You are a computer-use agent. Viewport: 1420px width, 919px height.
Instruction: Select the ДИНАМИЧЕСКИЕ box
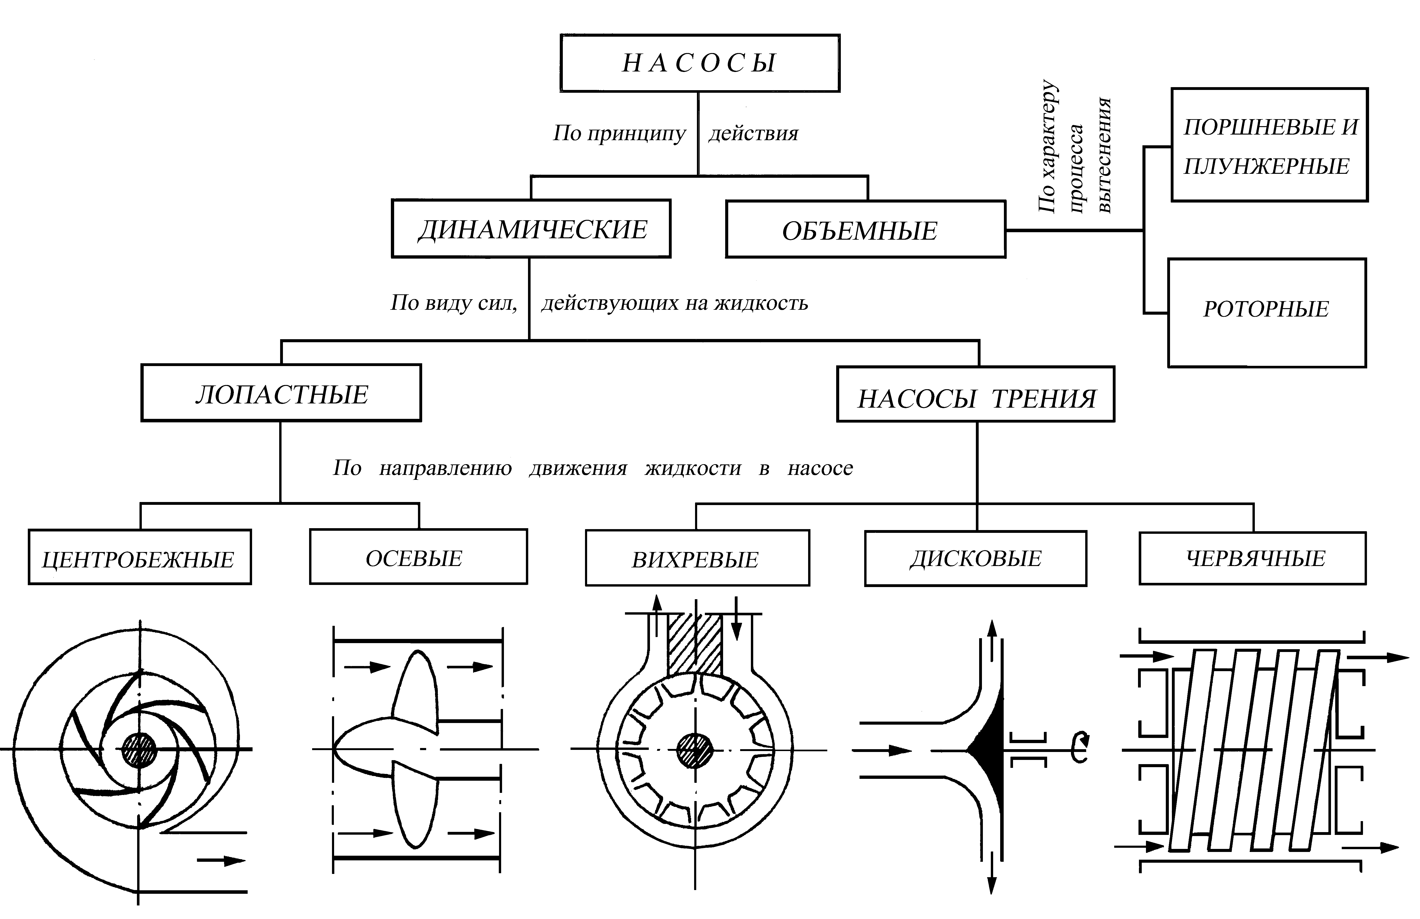coord(531,229)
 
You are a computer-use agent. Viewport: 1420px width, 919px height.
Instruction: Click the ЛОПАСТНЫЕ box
coord(281,393)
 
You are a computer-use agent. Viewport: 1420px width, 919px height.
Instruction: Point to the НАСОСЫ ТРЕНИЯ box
coord(975,395)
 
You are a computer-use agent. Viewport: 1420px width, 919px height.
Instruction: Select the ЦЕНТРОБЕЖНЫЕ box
coord(140,557)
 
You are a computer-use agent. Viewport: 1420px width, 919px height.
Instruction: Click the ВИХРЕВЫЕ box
coord(697,559)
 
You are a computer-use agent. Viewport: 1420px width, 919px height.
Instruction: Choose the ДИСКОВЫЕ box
coord(975,559)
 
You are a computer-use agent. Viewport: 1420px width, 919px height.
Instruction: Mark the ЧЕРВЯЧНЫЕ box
coord(1252,559)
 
